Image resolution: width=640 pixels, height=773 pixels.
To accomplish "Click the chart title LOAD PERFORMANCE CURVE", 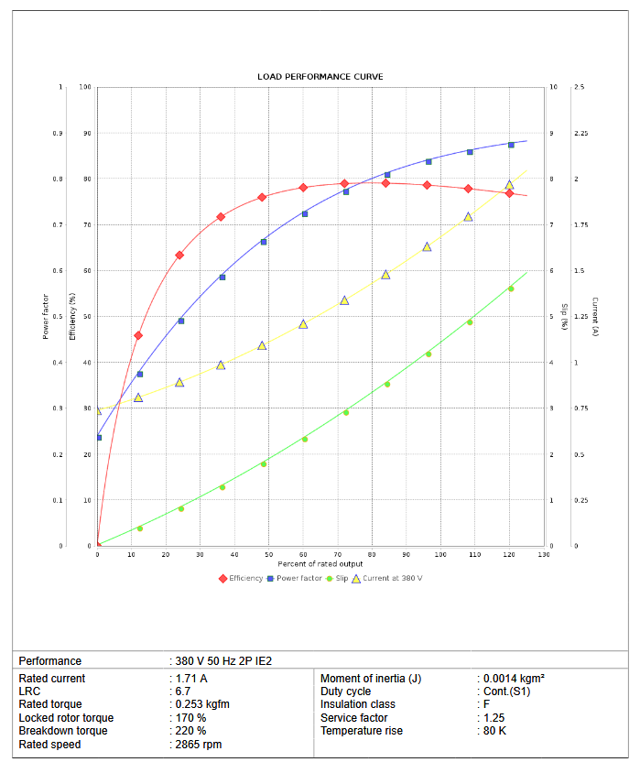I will pyautogui.click(x=320, y=77).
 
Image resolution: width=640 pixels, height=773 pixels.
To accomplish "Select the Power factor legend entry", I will pyautogui.click(x=299, y=578).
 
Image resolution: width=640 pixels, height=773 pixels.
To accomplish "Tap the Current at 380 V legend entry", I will pyautogui.click(x=392, y=578).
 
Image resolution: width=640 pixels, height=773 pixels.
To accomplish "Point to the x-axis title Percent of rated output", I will pyautogui.click(x=320, y=562).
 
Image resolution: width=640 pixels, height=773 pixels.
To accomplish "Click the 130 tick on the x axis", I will pyautogui.click(x=544, y=554).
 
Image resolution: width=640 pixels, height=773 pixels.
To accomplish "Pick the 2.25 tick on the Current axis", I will pyautogui.click(x=580, y=134).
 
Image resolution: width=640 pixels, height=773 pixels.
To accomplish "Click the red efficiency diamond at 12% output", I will pyautogui.click(x=138, y=335).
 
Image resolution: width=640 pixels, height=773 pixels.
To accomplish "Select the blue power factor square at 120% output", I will pyautogui.click(x=511, y=145).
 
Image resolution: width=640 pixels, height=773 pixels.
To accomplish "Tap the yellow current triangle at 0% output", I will pyautogui.click(x=98, y=410).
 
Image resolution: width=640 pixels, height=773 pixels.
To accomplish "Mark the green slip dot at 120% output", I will pyautogui.click(x=511, y=289).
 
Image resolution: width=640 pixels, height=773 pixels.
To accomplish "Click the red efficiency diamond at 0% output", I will pyautogui.click(x=98, y=546).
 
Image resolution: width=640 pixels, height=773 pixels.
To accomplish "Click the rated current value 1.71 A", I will pyautogui.click(x=191, y=679).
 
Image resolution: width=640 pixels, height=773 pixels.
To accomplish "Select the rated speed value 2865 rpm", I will pyautogui.click(x=199, y=745).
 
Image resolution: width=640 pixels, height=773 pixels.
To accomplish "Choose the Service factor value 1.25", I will pyautogui.click(x=494, y=718).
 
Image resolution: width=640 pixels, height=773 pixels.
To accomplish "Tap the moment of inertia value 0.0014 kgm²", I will pyautogui.click(x=515, y=679).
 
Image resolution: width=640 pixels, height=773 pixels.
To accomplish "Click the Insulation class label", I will pyautogui.click(x=358, y=705).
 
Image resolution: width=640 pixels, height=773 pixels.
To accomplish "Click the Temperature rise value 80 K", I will pyautogui.click(x=495, y=731).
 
